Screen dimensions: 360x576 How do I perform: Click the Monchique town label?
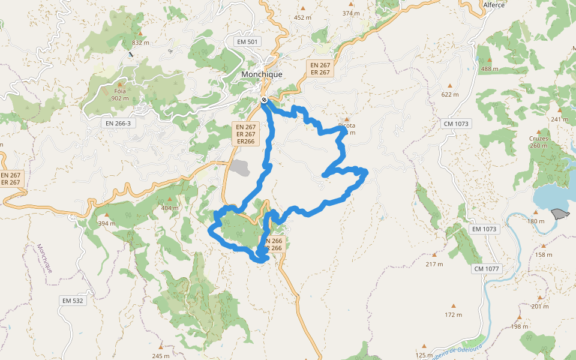point(261,74)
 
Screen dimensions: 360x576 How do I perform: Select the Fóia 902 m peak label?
point(120,95)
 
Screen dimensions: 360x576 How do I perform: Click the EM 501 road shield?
point(248,41)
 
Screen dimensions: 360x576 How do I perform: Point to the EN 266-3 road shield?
point(117,123)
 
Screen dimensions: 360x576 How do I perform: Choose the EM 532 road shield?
point(73,300)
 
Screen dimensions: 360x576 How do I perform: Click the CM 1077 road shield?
point(486,268)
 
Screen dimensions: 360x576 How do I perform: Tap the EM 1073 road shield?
point(485,229)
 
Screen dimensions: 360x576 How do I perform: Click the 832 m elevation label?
point(140,43)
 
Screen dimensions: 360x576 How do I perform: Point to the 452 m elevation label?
point(302,17)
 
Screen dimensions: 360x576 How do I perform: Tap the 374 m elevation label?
point(351,13)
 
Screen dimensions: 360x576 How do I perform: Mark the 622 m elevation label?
point(449,94)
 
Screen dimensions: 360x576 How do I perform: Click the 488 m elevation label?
point(490,68)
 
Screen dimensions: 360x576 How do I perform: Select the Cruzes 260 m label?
point(539,142)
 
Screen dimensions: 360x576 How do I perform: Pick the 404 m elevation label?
point(170,208)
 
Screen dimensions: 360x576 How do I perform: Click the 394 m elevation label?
point(107,224)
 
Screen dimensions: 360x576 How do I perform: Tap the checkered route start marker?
point(264,100)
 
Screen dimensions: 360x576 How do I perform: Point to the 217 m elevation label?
point(434,264)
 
